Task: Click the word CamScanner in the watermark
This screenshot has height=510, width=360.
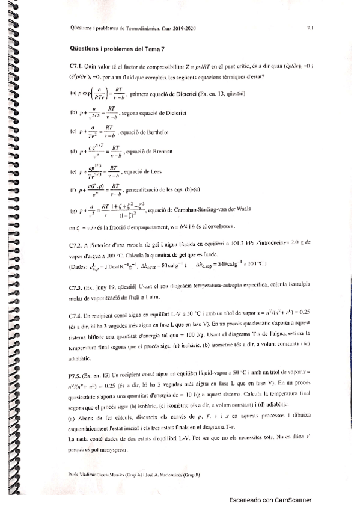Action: (x=292, y=499)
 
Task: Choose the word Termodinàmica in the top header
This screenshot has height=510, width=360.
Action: (x=148, y=28)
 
